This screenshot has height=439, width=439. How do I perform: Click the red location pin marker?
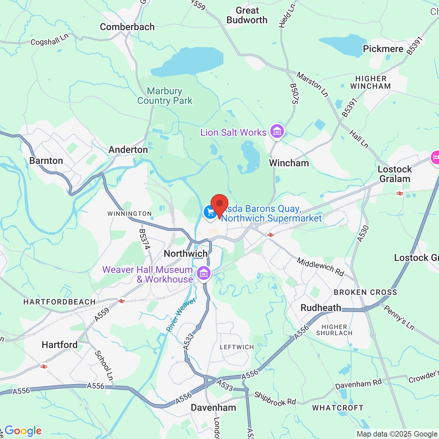pos(219,205)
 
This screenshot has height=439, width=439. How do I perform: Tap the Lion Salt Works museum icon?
pos(277,131)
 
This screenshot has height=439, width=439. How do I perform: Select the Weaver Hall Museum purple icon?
pos(204,273)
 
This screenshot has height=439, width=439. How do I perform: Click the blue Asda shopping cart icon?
pos(210,212)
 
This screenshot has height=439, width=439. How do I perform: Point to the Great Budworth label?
pos(247,15)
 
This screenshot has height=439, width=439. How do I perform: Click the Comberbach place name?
pos(127,27)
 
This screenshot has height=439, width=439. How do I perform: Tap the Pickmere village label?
pos(383,49)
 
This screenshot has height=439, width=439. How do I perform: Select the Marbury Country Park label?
pos(165,96)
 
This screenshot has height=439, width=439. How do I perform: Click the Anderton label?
pos(128,150)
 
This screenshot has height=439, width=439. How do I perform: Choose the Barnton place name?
pos(46,161)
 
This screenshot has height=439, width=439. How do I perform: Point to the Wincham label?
pos(289,163)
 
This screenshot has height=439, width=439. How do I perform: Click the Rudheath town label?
pos(321,308)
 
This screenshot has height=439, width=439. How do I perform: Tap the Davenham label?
pos(213,407)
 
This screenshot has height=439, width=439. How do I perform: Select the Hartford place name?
pos(60,345)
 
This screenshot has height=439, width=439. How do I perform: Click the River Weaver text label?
pos(181,315)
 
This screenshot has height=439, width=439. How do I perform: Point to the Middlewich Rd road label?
pos(320,267)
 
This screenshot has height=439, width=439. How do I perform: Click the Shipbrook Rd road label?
pos(275,399)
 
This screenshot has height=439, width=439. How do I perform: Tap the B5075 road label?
pos(294,94)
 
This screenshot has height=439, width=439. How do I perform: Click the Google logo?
pos(23,431)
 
